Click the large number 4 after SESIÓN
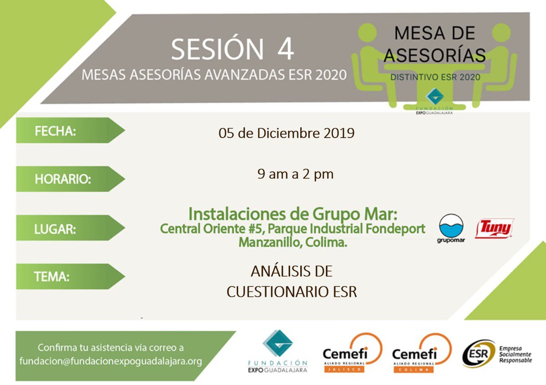pyautogui.click(x=285, y=50)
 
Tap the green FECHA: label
pyautogui.click(x=56, y=131)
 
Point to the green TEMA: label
pyautogui.click(x=52, y=277)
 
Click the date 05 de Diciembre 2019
pyautogui.click(x=286, y=133)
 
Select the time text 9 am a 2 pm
pyautogui.click(x=295, y=174)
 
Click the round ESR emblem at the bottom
pyautogui.click(x=478, y=354)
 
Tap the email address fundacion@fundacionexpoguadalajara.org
pyautogui.click(x=111, y=361)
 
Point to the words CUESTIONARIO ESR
pyautogui.click(x=292, y=292)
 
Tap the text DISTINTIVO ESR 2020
pyautogui.click(x=435, y=77)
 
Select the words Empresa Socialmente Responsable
pyautogui.click(x=515, y=354)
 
